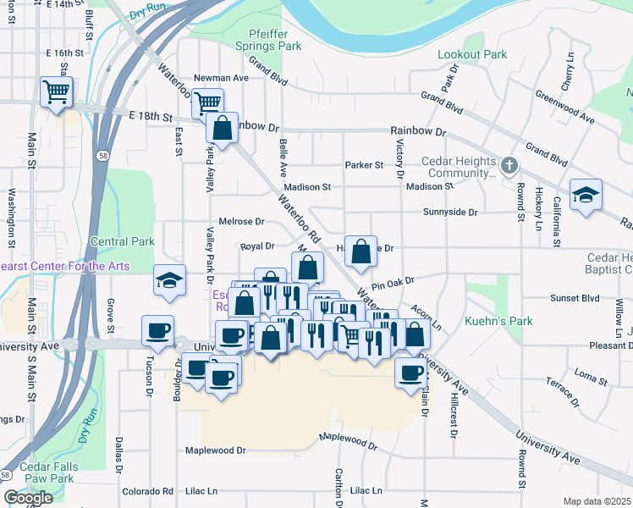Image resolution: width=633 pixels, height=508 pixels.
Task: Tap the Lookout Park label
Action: coord(472,54)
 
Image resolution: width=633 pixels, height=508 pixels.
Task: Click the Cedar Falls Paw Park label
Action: coord(50,472)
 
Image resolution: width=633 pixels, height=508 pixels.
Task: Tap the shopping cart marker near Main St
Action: coord(56,91)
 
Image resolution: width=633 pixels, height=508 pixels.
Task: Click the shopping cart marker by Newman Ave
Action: coord(207,103)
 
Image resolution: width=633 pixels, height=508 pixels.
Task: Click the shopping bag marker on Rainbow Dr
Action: coord(222,129)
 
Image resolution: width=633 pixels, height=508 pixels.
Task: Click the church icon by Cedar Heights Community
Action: coord(509,164)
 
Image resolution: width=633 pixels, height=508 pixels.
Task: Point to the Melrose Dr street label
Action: coord(241,222)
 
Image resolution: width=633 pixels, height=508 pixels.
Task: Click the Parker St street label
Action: coord(364,165)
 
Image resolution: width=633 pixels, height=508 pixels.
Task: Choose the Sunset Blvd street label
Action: coord(575,298)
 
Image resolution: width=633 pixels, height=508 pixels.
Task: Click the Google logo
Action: coord(28,498)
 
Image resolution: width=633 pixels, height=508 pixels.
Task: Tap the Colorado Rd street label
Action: coord(147,491)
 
